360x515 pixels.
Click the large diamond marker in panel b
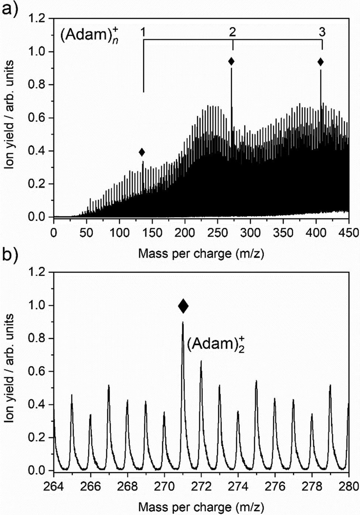[x=183, y=306]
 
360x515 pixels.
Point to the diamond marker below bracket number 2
[x=231, y=61]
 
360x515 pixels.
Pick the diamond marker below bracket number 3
[x=320, y=62]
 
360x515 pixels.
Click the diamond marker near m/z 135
[x=141, y=152]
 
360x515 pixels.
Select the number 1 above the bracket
[x=143, y=33]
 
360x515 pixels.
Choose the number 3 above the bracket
[x=322, y=33]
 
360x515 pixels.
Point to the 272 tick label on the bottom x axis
[x=201, y=486]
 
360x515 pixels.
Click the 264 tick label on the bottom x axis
[x=54, y=486]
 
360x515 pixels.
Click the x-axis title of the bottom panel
[x=201, y=507]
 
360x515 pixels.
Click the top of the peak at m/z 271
[x=183, y=323]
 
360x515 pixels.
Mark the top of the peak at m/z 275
[x=256, y=381]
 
